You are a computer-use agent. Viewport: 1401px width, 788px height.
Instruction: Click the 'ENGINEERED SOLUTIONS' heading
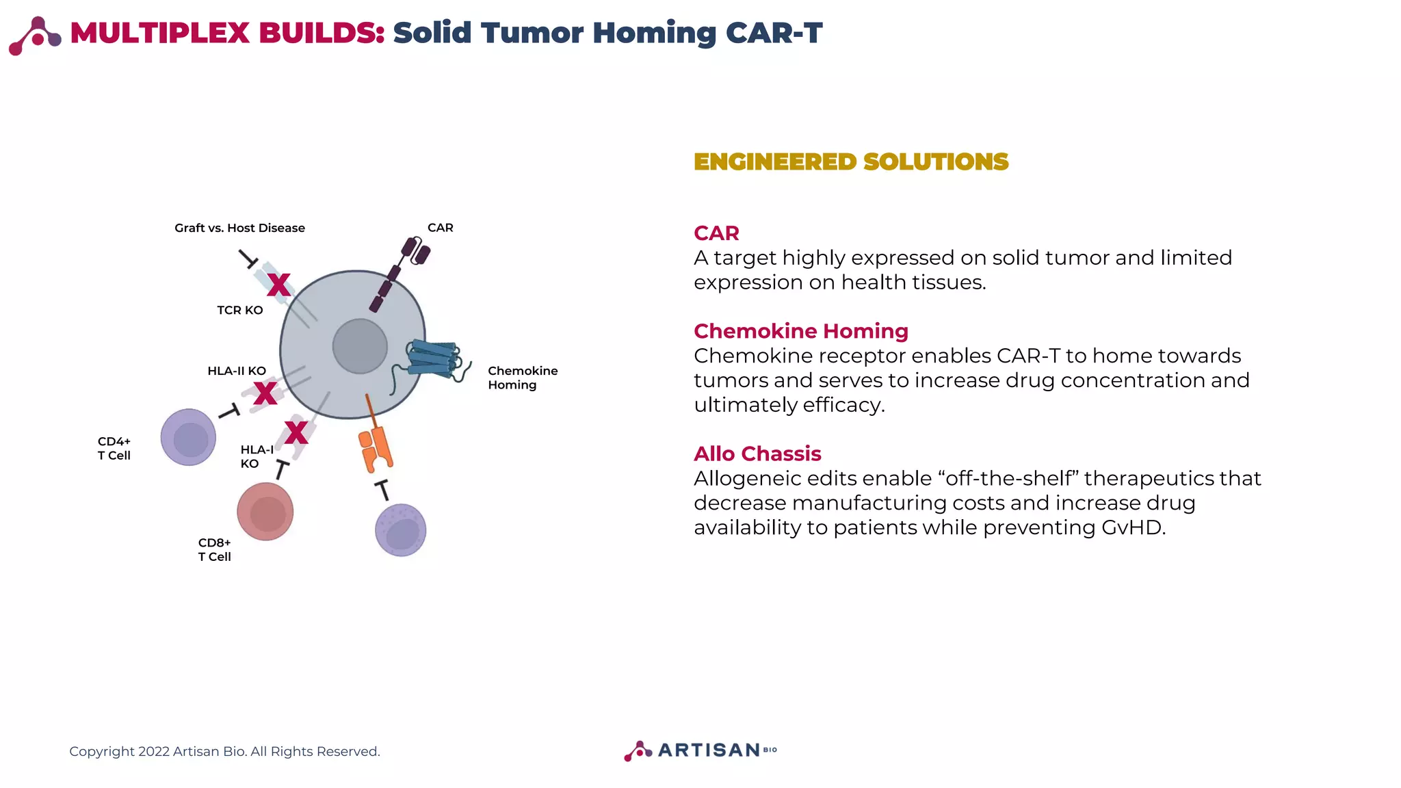(850, 162)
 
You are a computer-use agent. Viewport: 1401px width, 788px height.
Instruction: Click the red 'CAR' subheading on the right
(716, 233)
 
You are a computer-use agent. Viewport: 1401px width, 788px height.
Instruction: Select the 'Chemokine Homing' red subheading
(800, 331)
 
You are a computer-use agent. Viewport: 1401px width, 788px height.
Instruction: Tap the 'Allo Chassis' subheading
(757, 454)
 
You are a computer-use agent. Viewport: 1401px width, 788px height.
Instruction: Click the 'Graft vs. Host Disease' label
(239, 228)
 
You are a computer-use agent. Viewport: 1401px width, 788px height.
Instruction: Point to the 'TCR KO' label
(239, 310)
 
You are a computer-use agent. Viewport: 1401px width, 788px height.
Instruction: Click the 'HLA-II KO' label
(237, 371)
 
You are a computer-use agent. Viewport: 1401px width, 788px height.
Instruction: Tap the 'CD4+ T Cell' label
(114, 448)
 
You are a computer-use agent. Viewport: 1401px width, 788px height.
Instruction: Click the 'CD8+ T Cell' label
(214, 549)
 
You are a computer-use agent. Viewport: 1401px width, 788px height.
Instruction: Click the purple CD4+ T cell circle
(188, 437)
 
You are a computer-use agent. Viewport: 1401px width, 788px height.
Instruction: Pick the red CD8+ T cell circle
(265, 512)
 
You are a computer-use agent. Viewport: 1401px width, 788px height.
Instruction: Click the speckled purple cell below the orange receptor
(401, 530)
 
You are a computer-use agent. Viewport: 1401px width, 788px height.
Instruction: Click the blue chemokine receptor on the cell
(433, 358)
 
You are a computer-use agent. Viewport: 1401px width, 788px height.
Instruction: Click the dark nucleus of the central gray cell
(360, 346)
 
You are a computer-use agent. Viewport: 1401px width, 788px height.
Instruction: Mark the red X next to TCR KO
(278, 285)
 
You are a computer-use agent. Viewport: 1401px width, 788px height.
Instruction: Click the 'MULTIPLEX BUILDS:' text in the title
(227, 33)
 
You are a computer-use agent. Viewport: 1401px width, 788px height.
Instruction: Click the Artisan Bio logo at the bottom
(700, 750)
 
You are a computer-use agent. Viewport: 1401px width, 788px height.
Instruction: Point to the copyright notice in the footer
(224, 751)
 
